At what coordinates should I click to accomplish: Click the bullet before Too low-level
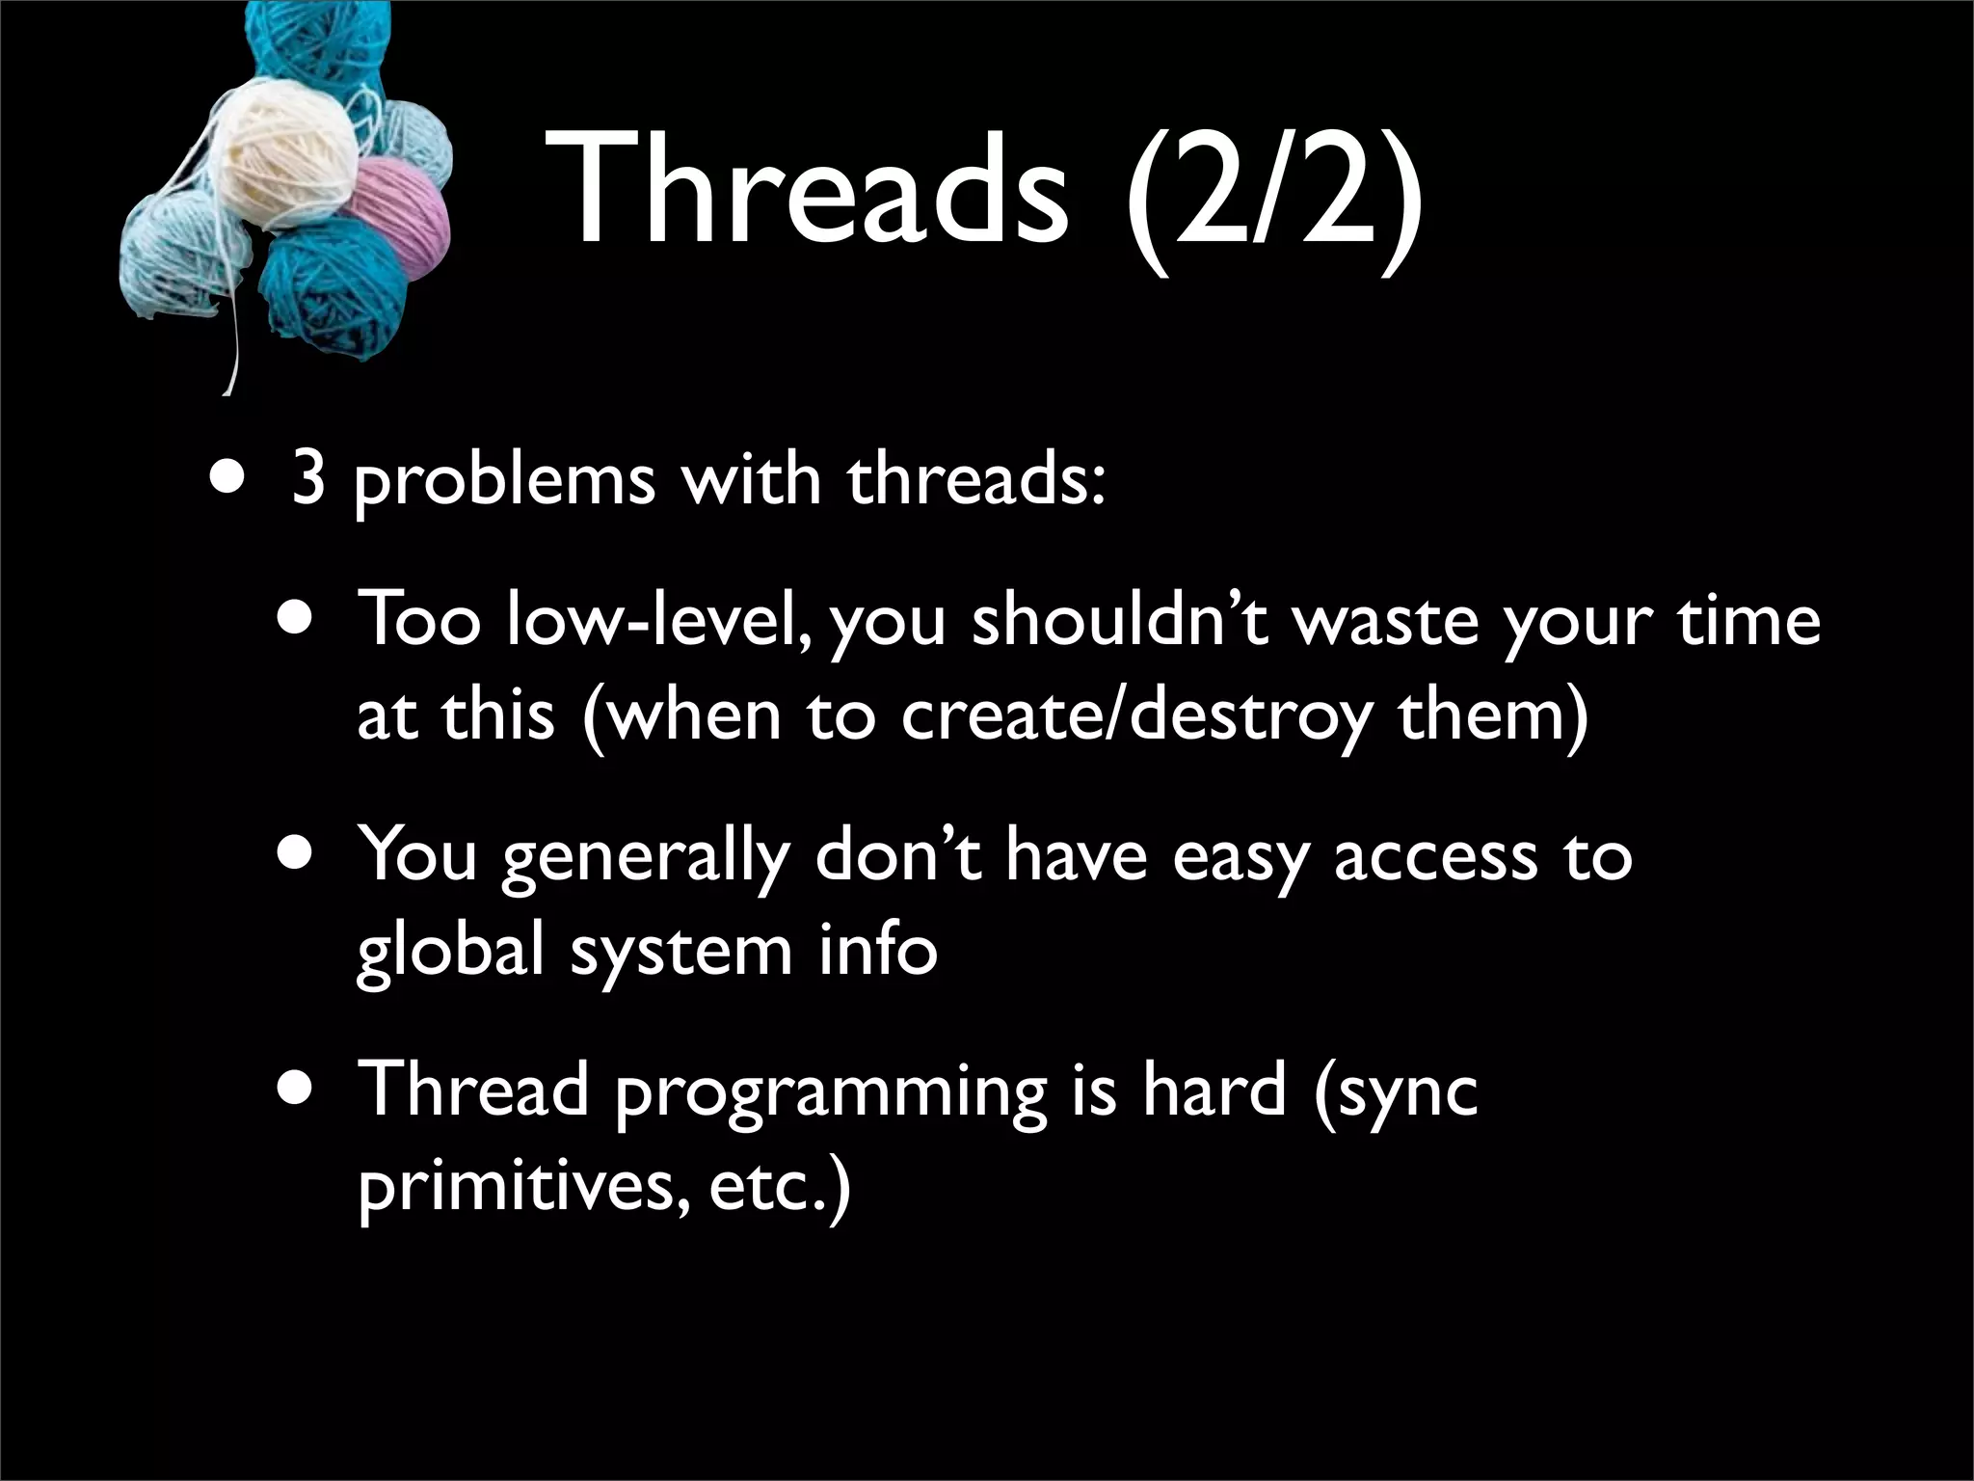tap(297, 618)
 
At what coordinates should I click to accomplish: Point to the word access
tap(1436, 856)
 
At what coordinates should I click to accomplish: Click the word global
tap(452, 950)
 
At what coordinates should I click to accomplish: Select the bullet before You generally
tap(297, 854)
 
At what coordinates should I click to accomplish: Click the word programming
tap(830, 1093)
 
